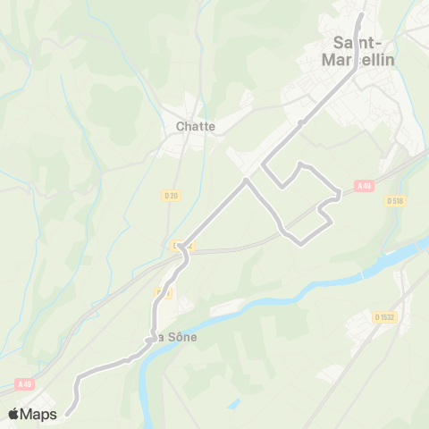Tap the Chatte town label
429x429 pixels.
195,126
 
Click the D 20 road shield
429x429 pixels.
172,195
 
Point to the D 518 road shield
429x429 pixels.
396,201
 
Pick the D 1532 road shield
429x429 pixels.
385,316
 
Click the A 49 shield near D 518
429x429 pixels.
363,186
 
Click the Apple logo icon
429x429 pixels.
14,413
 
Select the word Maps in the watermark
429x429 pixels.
39,414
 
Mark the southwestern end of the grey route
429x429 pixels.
67,412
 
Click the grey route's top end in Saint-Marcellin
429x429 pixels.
361,15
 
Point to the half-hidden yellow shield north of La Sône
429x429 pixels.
164,293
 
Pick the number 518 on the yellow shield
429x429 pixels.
399,201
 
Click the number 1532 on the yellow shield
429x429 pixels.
388,316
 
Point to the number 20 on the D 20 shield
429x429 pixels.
175,195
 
